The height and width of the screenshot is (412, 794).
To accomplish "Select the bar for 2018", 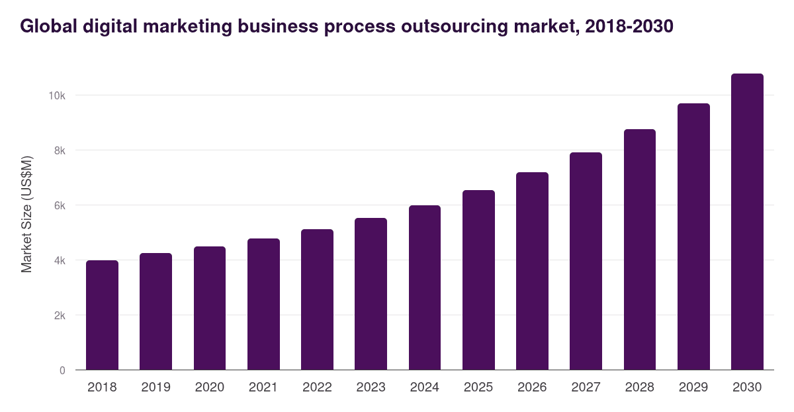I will point(102,315).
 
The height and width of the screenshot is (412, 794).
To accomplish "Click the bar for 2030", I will point(747,222).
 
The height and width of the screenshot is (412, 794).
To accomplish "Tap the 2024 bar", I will point(425,287).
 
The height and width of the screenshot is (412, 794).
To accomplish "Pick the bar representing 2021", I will point(263,304).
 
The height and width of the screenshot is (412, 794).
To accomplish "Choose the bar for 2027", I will point(586,261).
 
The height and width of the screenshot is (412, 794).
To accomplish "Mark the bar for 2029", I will point(693,236).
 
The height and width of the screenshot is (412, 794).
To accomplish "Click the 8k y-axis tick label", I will point(60,150).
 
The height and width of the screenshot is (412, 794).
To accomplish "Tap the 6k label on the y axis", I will point(60,205).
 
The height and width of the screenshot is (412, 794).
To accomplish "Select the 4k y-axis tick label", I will point(60,260).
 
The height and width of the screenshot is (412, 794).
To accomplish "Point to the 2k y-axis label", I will point(60,315).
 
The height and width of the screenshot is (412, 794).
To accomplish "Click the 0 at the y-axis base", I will point(62,370).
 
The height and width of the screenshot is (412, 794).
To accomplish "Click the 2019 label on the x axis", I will point(156,387).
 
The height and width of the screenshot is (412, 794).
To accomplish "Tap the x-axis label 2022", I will point(317,387).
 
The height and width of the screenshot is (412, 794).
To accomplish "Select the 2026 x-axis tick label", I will point(532,387).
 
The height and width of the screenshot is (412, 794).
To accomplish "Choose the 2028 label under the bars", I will point(640,387).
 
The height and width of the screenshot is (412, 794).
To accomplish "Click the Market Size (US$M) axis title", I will point(26,214).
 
